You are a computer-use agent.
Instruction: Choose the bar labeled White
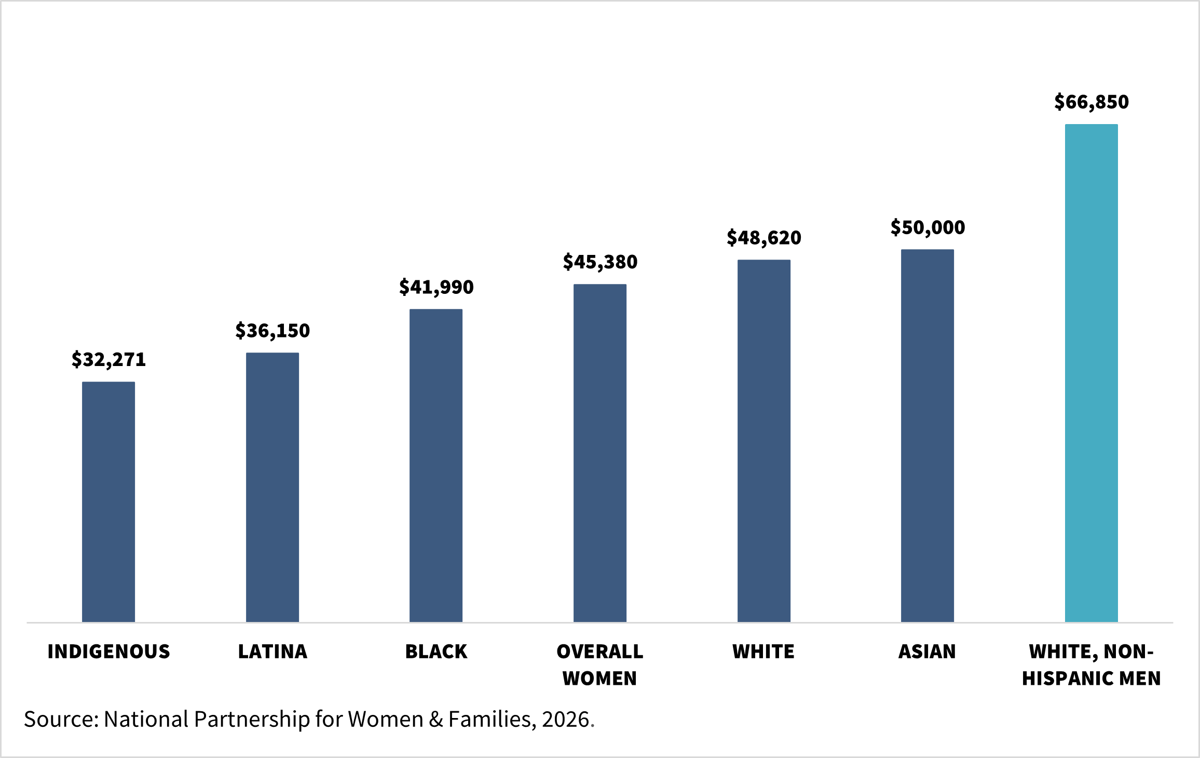764,441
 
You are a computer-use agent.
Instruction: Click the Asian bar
928,436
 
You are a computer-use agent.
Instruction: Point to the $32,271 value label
108,359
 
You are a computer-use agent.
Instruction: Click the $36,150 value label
272,331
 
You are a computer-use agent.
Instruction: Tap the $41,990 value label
436,287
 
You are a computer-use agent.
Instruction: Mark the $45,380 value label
600,262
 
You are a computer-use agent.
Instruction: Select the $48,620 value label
764,238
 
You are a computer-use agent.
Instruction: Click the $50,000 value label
928,227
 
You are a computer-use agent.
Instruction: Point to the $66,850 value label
1092,102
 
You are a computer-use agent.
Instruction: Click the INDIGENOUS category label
108,652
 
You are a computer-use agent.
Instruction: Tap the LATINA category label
272,652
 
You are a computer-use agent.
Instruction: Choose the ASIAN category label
928,652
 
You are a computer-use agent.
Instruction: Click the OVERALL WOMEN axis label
600,665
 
